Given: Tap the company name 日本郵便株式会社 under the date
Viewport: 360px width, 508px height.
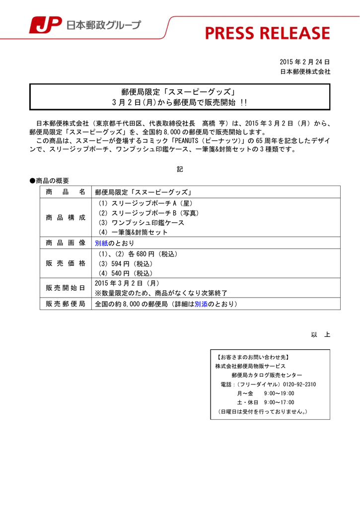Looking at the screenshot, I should pos(305,71).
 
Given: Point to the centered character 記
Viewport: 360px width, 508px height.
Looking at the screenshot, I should pos(180,169).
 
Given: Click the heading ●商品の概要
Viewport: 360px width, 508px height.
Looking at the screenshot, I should pos(49,181).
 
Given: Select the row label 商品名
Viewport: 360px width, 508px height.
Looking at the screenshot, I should pos(66,192).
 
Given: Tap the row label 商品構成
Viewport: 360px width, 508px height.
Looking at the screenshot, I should pos(66,218).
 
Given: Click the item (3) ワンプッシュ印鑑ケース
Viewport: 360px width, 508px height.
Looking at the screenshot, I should pos(141,223).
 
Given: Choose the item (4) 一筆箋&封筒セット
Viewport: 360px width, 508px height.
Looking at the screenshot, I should pos(133,232).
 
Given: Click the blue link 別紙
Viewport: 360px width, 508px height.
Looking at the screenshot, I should pos(101,243).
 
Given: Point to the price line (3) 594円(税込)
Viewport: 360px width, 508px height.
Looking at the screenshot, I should pos(126,263).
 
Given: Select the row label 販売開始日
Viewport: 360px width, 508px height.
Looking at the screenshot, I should pos(66,288).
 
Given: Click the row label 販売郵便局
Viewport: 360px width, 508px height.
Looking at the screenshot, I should pos(66,304).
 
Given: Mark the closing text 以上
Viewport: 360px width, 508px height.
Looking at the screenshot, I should pos(320,335).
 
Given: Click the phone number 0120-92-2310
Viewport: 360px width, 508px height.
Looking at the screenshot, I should pos(298,384).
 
